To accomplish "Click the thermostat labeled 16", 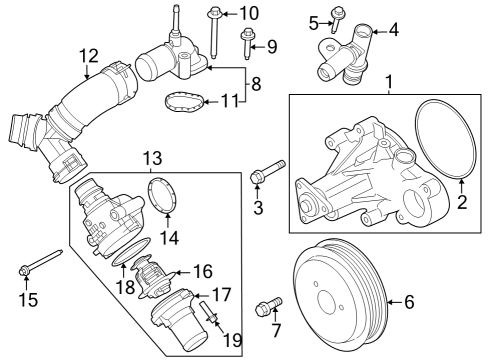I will pyautogui.click(x=149, y=275).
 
